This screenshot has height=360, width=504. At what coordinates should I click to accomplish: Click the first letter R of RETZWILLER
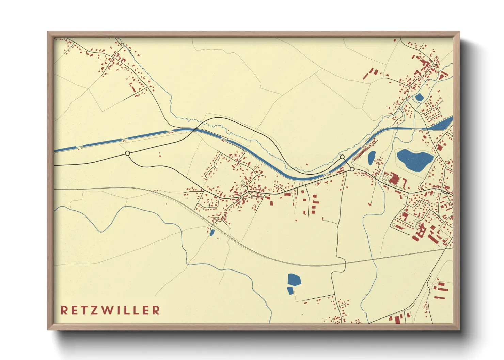click(x=64, y=310)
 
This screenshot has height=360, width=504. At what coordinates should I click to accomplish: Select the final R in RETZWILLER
click(x=156, y=310)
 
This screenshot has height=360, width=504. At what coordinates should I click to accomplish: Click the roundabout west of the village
click(x=127, y=153)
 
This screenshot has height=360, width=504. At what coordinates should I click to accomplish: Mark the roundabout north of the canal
click(x=342, y=157)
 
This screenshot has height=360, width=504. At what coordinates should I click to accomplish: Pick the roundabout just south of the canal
click(x=352, y=169)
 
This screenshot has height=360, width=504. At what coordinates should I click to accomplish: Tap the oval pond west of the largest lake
click(x=372, y=158)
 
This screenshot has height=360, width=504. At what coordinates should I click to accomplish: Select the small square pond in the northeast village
click(x=419, y=98)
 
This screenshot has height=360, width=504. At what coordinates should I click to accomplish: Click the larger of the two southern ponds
click(x=294, y=280)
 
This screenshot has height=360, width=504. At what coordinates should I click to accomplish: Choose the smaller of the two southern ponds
click(x=290, y=290)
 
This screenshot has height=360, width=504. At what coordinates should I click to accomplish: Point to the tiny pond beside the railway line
click(x=212, y=233)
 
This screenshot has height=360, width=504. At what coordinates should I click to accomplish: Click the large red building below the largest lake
click(x=394, y=179)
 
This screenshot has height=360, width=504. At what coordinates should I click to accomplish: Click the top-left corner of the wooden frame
click(x=48, y=32)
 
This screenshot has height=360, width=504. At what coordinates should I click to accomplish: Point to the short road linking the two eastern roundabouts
click(x=347, y=163)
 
